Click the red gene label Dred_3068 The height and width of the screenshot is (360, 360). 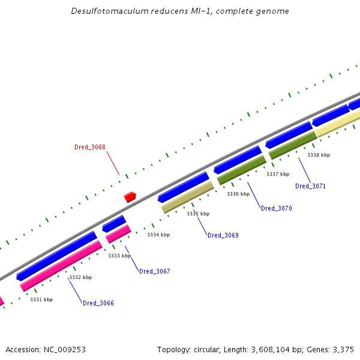click(x=89, y=147)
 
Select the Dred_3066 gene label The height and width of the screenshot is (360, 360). click(x=98, y=303)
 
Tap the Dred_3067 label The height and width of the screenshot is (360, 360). click(x=154, y=271)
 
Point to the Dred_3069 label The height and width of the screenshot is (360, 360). click(x=223, y=235)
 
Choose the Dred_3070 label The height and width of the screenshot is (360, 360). click(x=276, y=208)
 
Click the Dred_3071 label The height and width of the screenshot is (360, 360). click(x=310, y=186)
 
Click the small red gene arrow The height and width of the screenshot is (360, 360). click(x=130, y=196)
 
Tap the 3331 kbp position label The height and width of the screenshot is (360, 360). click(x=41, y=299)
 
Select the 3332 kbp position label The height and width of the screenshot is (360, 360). click(x=80, y=277)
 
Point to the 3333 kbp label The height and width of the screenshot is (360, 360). click(x=119, y=256)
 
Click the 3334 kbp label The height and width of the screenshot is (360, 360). click(x=158, y=235)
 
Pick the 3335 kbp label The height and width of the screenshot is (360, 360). click(x=198, y=214)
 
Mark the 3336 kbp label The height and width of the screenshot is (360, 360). click(x=238, y=194)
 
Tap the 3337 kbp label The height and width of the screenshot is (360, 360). click(x=278, y=174)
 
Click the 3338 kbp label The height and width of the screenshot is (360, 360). click(x=319, y=155)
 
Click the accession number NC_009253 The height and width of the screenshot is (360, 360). click(x=64, y=349)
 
